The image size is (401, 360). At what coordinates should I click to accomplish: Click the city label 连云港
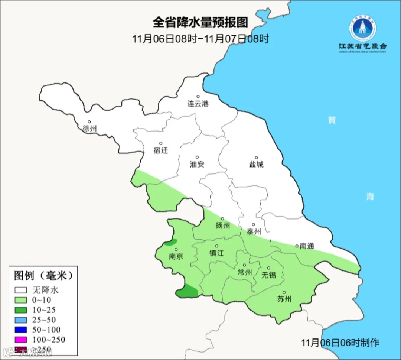click(198, 104)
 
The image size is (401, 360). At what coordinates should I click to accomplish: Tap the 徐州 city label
click(90, 129)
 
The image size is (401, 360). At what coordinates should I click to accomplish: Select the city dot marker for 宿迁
click(161, 143)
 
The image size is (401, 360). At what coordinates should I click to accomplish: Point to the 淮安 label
click(197, 164)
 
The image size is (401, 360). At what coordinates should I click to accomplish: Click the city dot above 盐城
click(256, 158)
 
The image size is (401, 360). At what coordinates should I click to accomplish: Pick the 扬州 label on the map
click(223, 226)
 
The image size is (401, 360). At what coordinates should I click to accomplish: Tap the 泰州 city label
click(254, 231)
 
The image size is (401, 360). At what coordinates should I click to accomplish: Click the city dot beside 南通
click(297, 246)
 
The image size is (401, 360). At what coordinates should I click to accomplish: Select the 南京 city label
click(176, 256)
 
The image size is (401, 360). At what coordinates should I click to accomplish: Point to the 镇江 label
click(217, 253)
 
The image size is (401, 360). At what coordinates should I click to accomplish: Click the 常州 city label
click(244, 272)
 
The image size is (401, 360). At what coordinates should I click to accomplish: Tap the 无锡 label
click(269, 275)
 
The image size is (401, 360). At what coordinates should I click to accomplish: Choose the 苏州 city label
click(284, 299)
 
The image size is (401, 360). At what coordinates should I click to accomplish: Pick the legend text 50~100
click(46, 330)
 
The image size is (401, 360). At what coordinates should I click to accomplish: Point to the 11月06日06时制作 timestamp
click(340, 342)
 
